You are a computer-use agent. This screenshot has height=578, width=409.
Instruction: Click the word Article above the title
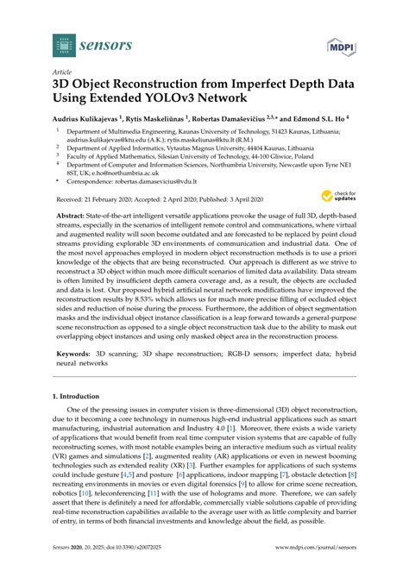(62, 72)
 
